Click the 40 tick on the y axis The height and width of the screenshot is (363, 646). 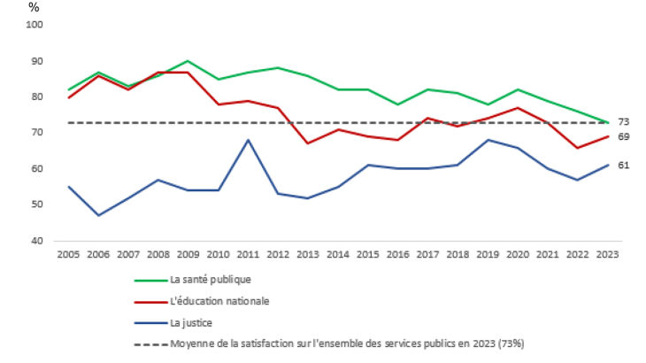click(x=38, y=241)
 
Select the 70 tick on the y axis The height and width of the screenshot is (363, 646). click(x=38, y=133)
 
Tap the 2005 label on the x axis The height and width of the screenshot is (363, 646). click(x=68, y=254)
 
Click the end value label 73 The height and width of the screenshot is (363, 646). click(x=623, y=122)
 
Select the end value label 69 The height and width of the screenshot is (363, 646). click(x=623, y=136)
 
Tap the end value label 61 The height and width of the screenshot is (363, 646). click(x=623, y=166)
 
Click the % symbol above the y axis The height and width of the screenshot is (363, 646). click(x=34, y=7)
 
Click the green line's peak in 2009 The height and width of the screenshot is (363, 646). click(x=188, y=61)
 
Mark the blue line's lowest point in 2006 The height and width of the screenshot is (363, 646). click(x=98, y=215)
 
